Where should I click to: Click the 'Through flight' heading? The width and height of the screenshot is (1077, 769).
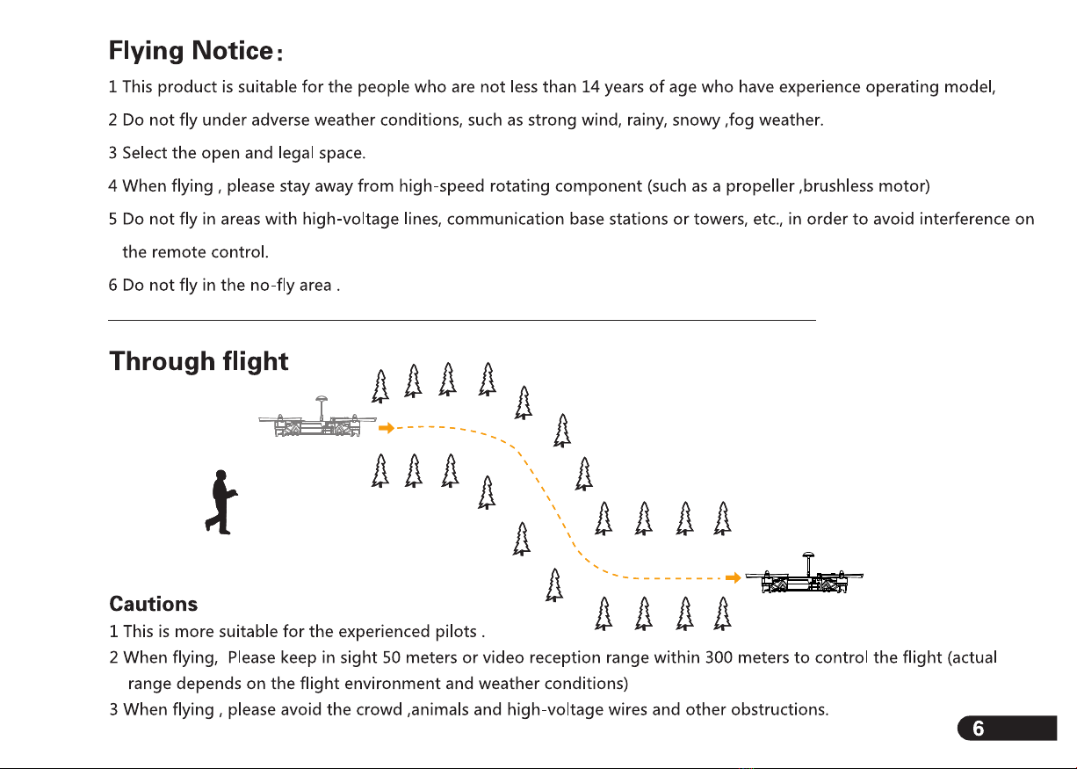pyautogui.click(x=199, y=361)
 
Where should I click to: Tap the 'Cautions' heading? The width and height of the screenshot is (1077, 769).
pyautogui.click(x=153, y=605)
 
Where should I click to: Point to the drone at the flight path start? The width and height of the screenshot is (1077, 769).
pyautogui.click(x=317, y=424)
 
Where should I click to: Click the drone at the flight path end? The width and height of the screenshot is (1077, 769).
pyautogui.click(x=805, y=579)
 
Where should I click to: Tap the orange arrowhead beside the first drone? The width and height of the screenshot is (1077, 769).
pyautogui.click(x=386, y=428)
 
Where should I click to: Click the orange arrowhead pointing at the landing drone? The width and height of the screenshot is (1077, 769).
pyautogui.click(x=732, y=577)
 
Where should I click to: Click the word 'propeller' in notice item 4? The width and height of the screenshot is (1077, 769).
pyautogui.click(x=760, y=186)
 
